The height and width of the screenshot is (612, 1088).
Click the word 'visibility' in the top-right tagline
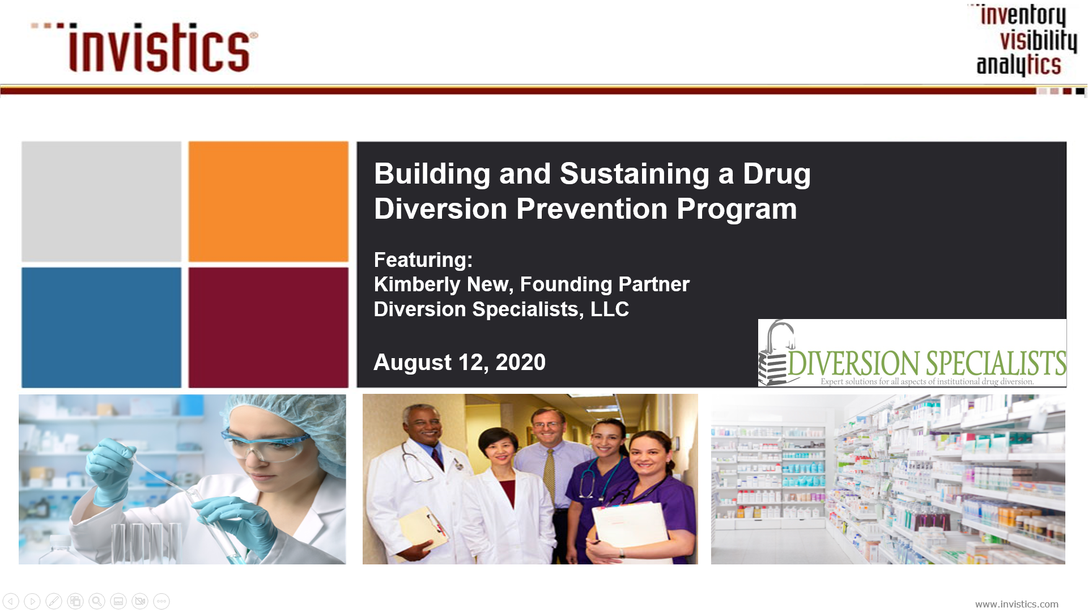click(x=1038, y=40)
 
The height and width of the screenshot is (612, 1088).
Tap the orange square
click(x=269, y=202)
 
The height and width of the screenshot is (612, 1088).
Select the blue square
click(x=101, y=328)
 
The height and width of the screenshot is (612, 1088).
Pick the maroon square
click(x=269, y=328)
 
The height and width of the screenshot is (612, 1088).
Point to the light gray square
click(x=101, y=202)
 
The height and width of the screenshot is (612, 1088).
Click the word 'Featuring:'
click(x=423, y=260)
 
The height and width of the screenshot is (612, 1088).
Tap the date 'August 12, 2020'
click(x=460, y=362)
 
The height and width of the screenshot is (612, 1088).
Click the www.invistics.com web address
click(x=1017, y=604)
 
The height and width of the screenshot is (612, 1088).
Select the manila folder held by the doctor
click(x=422, y=530)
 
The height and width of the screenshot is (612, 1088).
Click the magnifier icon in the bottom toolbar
click(x=97, y=601)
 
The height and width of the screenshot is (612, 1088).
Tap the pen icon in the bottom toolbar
click(x=54, y=601)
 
